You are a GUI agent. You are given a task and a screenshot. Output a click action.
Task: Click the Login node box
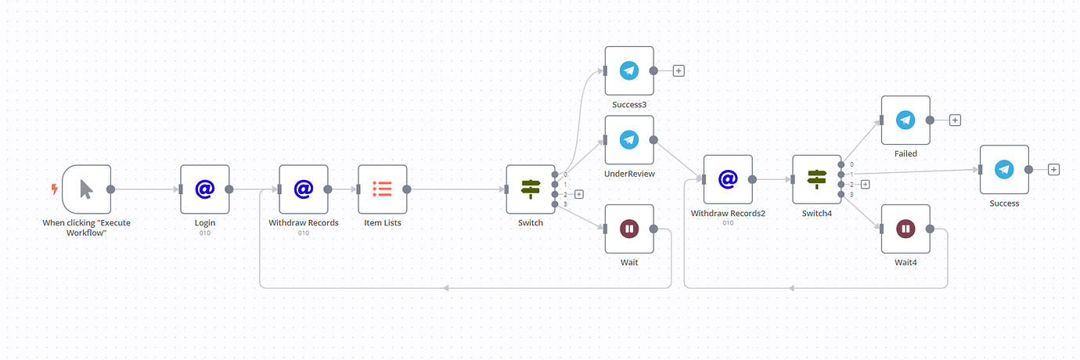click(x=204, y=189)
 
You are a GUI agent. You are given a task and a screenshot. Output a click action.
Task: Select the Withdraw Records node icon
click(x=304, y=189)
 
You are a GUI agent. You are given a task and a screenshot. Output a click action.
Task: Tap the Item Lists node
click(x=383, y=189)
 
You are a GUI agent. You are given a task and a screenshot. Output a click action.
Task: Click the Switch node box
click(x=531, y=189)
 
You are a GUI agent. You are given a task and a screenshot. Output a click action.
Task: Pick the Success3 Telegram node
click(x=629, y=70)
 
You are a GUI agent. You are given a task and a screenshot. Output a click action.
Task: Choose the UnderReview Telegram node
click(x=629, y=139)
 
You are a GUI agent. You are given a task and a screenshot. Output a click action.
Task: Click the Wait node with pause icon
click(x=629, y=229)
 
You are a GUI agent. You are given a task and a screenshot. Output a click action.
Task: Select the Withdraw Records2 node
click(x=728, y=179)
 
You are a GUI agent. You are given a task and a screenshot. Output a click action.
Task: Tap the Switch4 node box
click(x=817, y=179)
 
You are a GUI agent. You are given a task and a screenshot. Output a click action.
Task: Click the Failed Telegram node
click(x=905, y=120)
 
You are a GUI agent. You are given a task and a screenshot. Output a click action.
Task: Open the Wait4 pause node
click(x=905, y=229)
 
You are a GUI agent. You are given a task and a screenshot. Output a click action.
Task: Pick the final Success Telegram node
click(x=1004, y=169)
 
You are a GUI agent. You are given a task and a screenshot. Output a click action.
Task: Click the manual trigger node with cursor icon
click(x=86, y=189)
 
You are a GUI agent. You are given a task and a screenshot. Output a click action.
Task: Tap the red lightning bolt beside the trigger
click(x=54, y=189)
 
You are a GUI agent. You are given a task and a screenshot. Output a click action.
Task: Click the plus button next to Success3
click(x=679, y=70)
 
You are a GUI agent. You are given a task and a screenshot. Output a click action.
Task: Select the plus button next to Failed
click(x=955, y=120)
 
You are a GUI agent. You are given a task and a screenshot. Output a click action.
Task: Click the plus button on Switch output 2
click(x=579, y=194)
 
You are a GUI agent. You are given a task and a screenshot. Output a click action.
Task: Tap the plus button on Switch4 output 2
click(x=866, y=184)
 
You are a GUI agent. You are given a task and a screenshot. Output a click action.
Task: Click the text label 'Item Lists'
click(x=383, y=222)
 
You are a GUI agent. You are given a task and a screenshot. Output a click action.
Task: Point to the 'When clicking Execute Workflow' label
click(x=86, y=227)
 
